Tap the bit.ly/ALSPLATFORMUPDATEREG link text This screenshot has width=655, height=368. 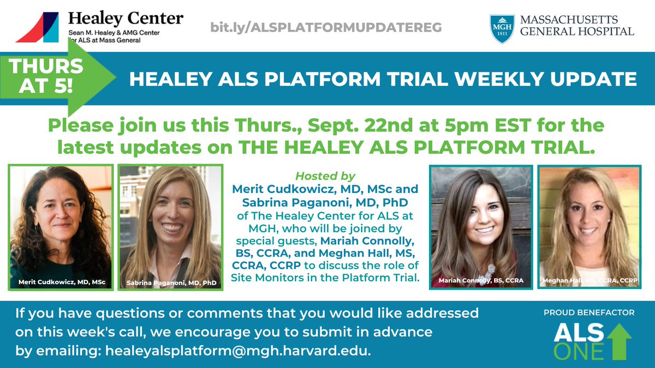[x=326, y=27]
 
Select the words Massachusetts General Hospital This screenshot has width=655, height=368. [x=576, y=26]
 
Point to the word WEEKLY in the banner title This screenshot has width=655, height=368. [x=471, y=80]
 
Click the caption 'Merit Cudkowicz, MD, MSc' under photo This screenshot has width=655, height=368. [x=61, y=282]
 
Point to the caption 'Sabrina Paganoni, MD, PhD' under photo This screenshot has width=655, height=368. [x=170, y=283]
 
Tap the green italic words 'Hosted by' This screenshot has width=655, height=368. [x=325, y=176]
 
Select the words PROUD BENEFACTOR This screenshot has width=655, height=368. [x=588, y=313]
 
